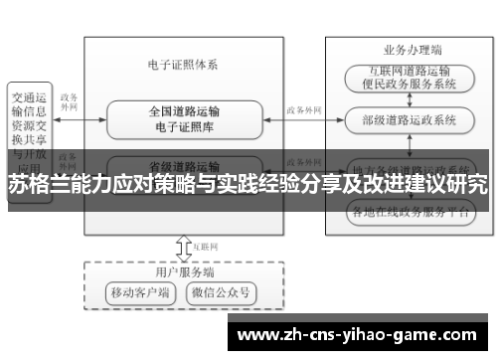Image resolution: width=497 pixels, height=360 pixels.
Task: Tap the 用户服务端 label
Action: pos(184,270)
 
